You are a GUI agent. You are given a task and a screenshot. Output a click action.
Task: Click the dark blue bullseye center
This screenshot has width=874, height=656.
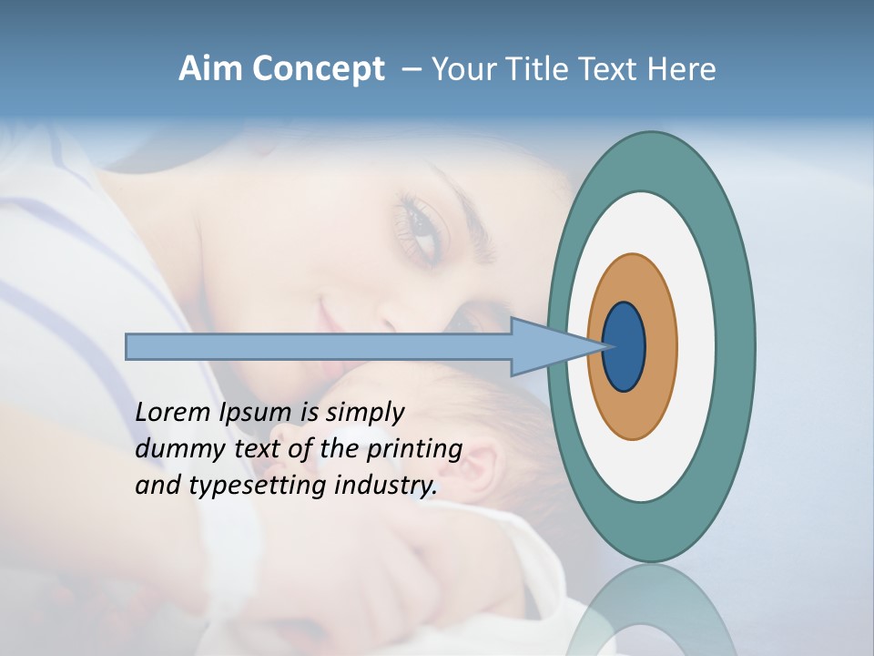[625, 347]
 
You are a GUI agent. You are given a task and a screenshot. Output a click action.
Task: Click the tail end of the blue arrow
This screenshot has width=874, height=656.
[128, 346]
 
